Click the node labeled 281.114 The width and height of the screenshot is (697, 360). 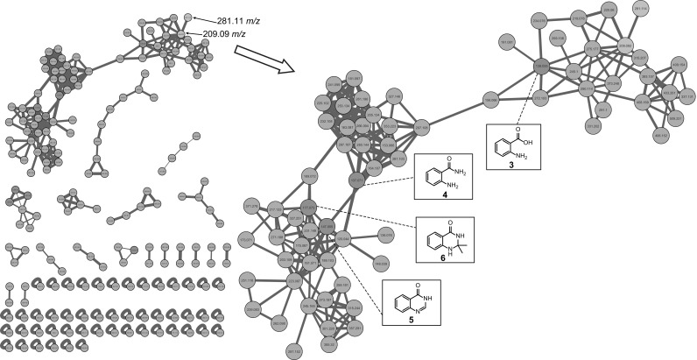point(640,9)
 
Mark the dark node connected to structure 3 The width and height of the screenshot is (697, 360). point(542,67)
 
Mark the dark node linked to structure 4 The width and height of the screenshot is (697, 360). point(356,180)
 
